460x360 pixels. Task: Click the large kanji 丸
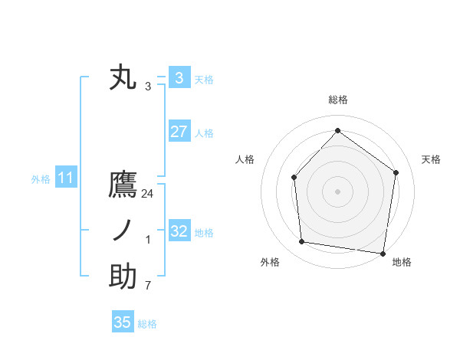click(123, 78)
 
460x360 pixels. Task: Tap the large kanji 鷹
click(123, 187)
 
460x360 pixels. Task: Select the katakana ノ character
click(123, 231)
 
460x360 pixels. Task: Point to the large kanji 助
click(123, 277)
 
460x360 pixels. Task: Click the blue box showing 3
click(179, 77)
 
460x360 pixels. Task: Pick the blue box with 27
click(179, 132)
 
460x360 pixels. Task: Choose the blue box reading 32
click(179, 231)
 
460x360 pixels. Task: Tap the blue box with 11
click(65, 178)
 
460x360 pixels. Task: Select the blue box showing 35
click(123, 322)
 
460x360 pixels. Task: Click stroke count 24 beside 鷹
click(148, 195)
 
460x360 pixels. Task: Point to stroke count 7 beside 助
click(148, 285)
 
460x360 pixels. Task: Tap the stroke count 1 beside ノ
click(148, 240)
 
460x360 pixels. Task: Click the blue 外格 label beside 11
click(41, 179)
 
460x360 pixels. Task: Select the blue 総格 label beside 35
click(147, 324)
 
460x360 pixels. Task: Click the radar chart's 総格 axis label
click(337, 100)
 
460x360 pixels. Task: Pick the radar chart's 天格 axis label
click(431, 159)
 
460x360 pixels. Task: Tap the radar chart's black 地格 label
click(402, 262)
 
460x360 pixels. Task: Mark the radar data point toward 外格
click(302, 242)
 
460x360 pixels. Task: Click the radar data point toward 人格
click(294, 178)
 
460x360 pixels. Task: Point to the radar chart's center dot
click(337, 191)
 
